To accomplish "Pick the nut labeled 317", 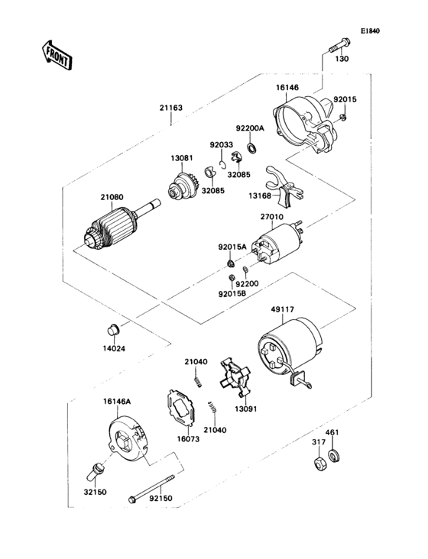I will tap(316, 464).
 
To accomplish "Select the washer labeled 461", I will tap(332, 459).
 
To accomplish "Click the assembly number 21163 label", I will tap(170, 109).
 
